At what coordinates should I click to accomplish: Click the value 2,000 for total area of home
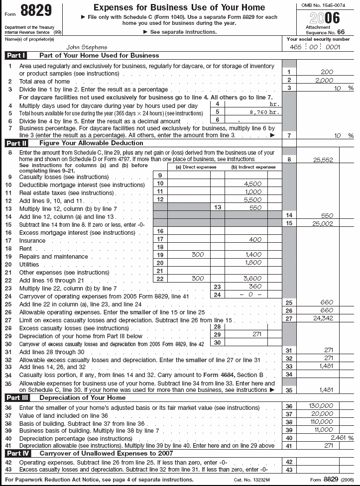point(324,80)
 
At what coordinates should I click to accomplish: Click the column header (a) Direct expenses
point(190,168)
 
